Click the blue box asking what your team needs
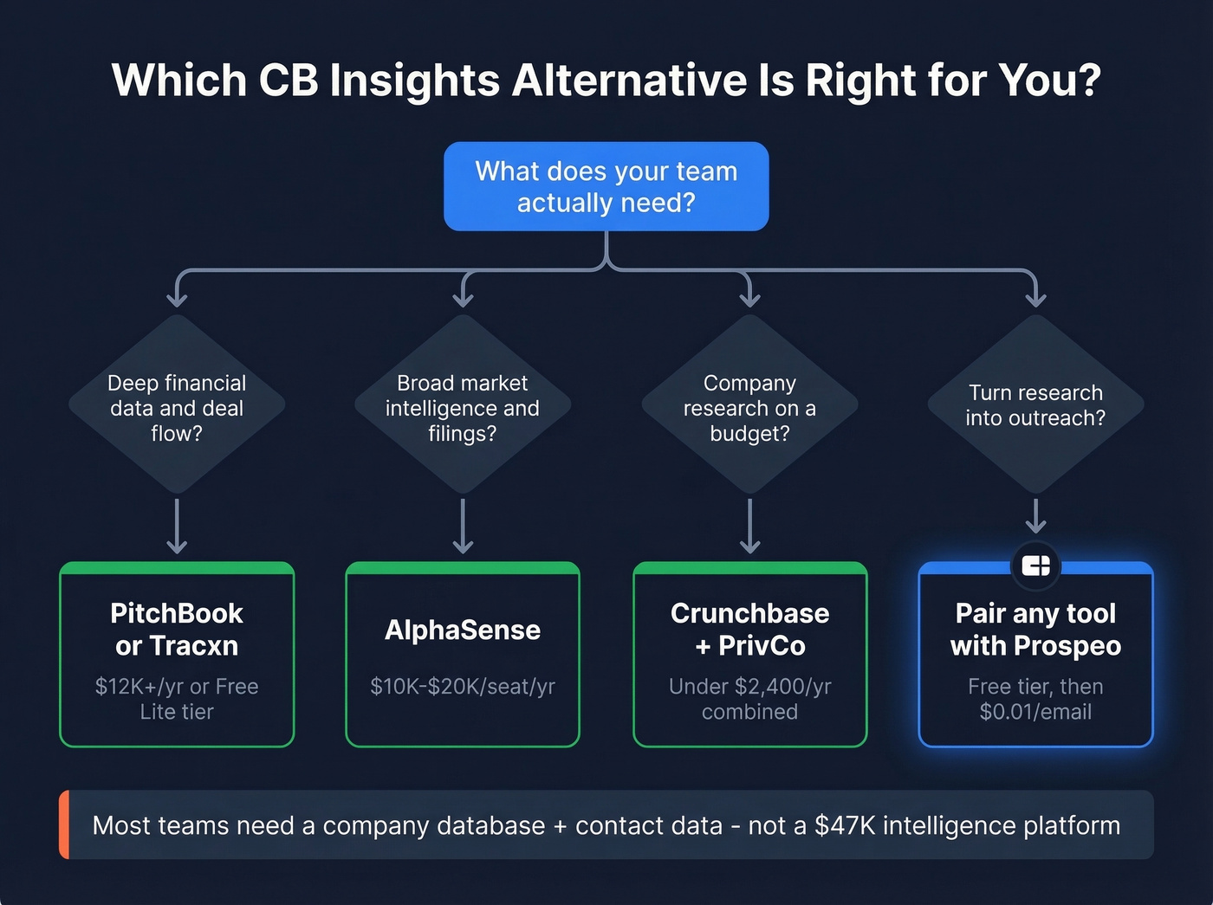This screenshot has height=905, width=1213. [x=606, y=186]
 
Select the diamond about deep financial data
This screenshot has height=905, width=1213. [x=177, y=407]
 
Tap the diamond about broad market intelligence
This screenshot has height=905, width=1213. [x=463, y=407]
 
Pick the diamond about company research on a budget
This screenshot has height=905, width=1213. [x=749, y=407]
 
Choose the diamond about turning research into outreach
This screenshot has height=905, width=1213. [x=1035, y=405]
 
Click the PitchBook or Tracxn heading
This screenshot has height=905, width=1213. [x=177, y=630]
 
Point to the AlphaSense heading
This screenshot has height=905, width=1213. [x=463, y=630]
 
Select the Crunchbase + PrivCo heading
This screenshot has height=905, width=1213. [x=749, y=630]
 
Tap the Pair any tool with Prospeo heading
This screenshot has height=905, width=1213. [x=1035, y=630]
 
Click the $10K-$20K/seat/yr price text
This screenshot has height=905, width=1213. [x=463, y=687]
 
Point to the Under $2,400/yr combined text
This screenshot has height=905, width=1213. [x=749, y=699]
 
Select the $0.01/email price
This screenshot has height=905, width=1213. [x=1035, y=712]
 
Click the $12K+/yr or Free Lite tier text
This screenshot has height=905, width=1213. [x=177, y=699]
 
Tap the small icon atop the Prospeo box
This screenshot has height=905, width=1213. [x=1035, y=566]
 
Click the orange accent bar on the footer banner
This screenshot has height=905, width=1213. [x=64, y=824]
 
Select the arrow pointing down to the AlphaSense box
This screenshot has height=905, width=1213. [x=463, y=526]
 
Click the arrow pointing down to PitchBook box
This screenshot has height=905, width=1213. [x=177, y=526]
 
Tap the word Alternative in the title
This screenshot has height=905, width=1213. [x=630, y=81]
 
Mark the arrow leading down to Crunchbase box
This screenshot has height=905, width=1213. [x=749, y=526]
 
